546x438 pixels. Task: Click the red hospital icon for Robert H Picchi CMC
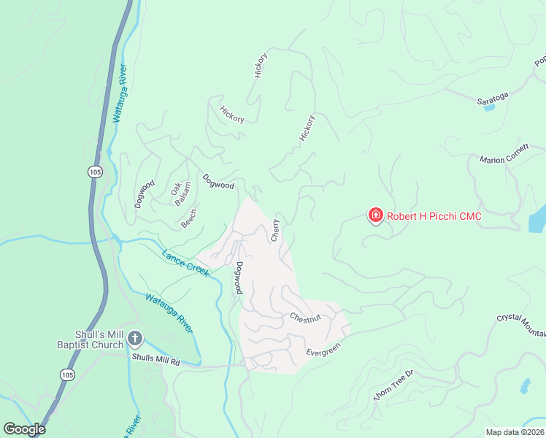375,215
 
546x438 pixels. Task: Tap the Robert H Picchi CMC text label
434,216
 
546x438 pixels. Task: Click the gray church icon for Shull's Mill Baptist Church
135,338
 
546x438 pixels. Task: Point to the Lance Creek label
187,263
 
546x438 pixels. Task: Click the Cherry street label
275,230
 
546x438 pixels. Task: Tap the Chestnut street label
305,318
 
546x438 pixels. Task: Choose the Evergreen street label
323,351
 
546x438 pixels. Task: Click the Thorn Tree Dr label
393,384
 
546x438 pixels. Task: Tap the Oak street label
175,188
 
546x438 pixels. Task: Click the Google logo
24,429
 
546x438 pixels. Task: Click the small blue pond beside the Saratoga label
489,107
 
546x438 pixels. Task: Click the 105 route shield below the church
68,374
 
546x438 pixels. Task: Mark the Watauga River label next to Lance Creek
169,312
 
